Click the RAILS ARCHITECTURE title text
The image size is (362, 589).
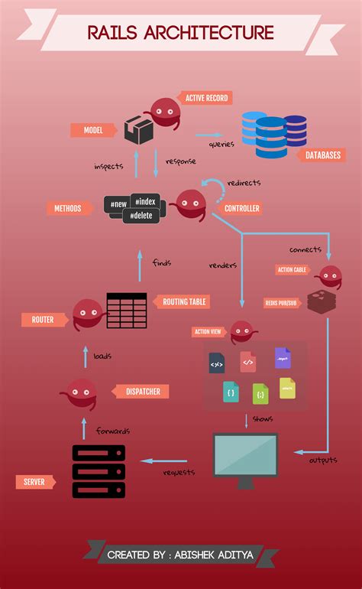(x=180, y=33)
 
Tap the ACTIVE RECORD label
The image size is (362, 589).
(x=204, y=98)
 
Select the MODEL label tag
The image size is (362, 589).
(x=92, y=131)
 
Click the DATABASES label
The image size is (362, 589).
(x=322, y=155)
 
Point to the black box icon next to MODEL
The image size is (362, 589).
(x=138, y=130)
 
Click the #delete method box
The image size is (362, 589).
(x=141, y=215)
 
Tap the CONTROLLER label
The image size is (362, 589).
(x=241, y=208)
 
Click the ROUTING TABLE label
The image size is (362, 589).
(x=184, y=301)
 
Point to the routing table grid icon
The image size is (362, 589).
(x=127, y=310)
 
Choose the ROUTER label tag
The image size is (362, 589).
(x=43, y=319)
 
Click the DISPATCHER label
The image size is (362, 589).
(x=142, y=392)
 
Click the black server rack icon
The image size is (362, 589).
(x=99, y=471)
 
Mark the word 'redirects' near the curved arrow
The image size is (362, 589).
(x=244, y=183)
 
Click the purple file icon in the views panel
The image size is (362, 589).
(x=283, y=358)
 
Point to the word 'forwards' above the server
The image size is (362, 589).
(x=112, y=431)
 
